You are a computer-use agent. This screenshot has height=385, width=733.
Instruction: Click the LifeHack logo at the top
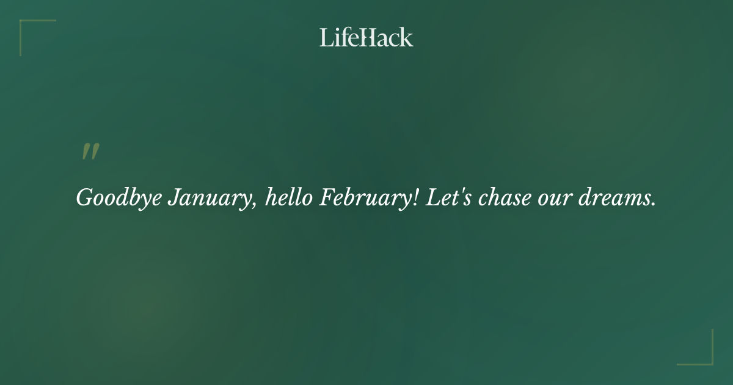366,37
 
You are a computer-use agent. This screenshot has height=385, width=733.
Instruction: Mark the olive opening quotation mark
90,152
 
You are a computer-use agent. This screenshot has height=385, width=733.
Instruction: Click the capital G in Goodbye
84,197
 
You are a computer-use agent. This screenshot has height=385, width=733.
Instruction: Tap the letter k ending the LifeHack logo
407,37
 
